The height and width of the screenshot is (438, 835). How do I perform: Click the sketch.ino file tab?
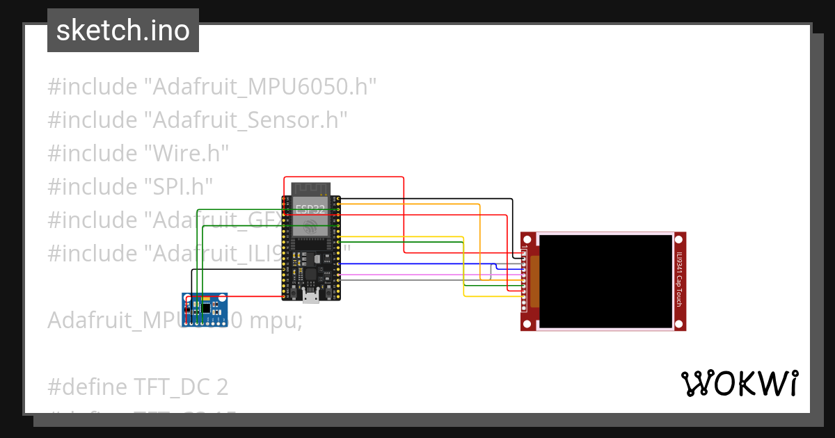(123, 31)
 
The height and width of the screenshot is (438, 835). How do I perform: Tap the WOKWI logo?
(739, 384)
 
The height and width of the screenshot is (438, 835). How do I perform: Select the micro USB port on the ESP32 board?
(311, 297)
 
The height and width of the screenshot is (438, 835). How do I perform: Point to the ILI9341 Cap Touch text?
(679, 281)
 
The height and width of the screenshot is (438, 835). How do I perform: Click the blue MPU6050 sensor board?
(205, 309)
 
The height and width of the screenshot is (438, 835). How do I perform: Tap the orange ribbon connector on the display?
(534, 282)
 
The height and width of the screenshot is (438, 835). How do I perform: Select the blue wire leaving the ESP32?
(417, 264)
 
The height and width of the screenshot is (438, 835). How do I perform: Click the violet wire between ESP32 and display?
(417, 275)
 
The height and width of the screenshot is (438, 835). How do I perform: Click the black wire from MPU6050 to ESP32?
(237, 270)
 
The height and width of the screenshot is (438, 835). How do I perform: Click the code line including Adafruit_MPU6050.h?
(212, 87)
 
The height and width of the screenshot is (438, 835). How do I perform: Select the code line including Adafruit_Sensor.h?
(198, 120)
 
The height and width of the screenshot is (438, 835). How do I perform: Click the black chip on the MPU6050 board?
(206, 306)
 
